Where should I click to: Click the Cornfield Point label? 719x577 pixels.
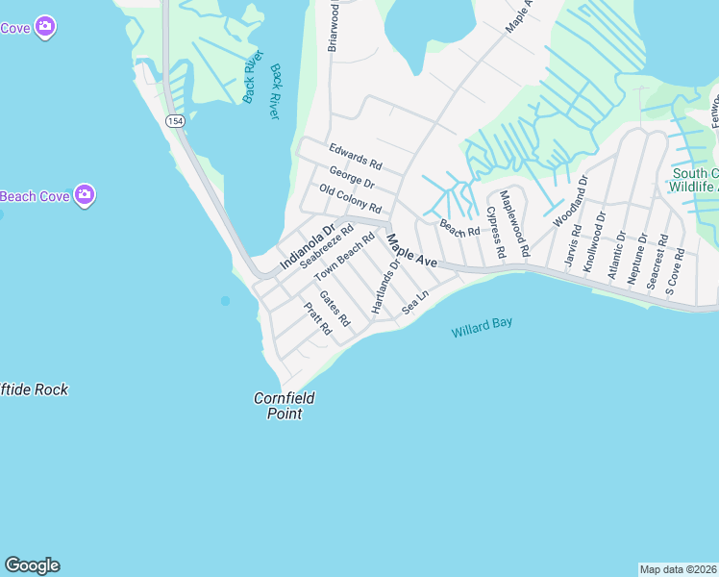pyautogui.click(x=285, y=406)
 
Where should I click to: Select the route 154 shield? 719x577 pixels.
pyautogui.click(x=174, y=120)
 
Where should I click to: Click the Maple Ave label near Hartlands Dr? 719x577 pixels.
pyautogui.click(x=412, y=249)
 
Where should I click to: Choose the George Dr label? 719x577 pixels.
pyautogui.click(x=351, y=177)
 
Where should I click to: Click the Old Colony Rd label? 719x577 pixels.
pyautogui.click(x=350, y=200)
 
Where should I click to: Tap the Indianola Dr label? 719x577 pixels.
pyautogui.click(x=307, y=246)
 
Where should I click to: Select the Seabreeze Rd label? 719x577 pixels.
pyautogui.click(x=326, y=245)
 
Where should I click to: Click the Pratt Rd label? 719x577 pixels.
pyautogui.click(x=317, y=317)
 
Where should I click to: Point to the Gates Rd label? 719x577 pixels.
pyautogui.click(x=334, y=308)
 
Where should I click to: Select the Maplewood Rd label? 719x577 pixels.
pyautogui.click(x=514, y=222)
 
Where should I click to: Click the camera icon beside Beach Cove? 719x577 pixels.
pyautogui.click(x=85, y=195)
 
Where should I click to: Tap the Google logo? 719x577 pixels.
pyautogui.click(x=32, y=565)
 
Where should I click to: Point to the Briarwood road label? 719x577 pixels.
pyautogui.click(x=335, y=26)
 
